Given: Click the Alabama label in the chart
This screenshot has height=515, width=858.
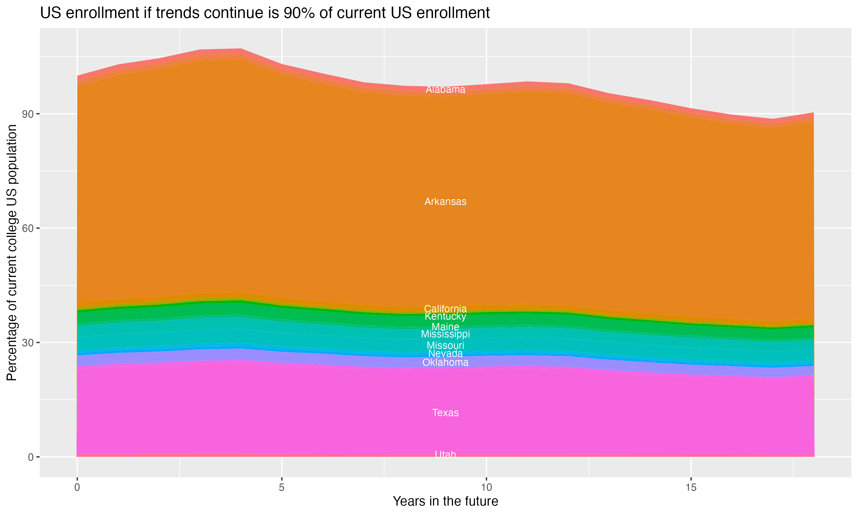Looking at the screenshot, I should pyautogui.click(x=445, y=90).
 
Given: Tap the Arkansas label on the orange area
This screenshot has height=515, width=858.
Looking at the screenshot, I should pyautogui.click(x=445, y=202).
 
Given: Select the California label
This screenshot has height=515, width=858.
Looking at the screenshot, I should pyautogui.click(x=445, y=308).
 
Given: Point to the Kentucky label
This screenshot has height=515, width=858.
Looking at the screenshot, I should pyautogui.click(x=445, y=316).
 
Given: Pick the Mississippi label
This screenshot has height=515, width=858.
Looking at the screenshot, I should pyautogui.click(x=445, y=334).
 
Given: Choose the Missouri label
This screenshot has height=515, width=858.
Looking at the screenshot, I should pyautogui.click(x=445, y=346).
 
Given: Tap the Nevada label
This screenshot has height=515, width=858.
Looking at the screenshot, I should pyautogui.click(x=445, y=354).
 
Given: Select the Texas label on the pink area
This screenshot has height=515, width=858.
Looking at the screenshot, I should pyautogui.click(x=445, y=413).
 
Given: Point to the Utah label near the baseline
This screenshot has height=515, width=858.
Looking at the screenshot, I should pyautogui.click(x=445, y=455).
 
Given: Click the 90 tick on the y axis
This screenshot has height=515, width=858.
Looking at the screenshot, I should pyautogui.click(x=28, y=114).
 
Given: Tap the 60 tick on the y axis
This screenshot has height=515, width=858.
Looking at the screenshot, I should pyautogui.click(x=28, y=228).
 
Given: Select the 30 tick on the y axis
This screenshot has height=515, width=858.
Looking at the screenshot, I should pyautogui.click(x=28, y=343).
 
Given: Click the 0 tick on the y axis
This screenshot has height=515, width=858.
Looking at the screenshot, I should pyautogui.click(x=31, y=457).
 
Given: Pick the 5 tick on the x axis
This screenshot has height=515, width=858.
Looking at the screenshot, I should pyautogui.click(x=282, y=488).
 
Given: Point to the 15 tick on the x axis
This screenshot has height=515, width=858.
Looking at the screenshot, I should pyautogui.click(x=691, y=488).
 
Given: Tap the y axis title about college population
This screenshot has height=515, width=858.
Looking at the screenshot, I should pyautogui.click(x=12, y=252).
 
